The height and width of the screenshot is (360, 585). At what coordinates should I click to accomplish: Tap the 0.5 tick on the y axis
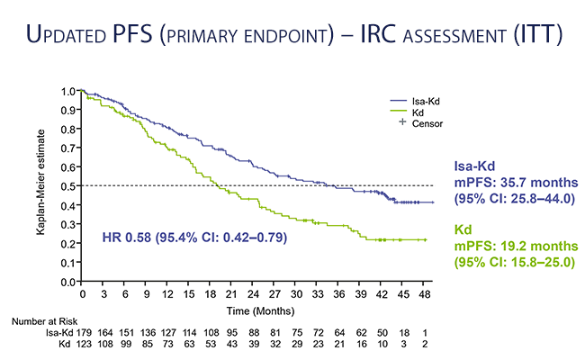[x=69, y=186]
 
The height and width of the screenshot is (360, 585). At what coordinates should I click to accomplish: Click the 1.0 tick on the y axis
[x=69, y=91]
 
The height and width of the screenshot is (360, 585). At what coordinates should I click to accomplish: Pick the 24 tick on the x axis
[x=254, y=293]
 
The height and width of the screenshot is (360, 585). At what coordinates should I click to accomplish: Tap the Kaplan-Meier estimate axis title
[x=41, y=186]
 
